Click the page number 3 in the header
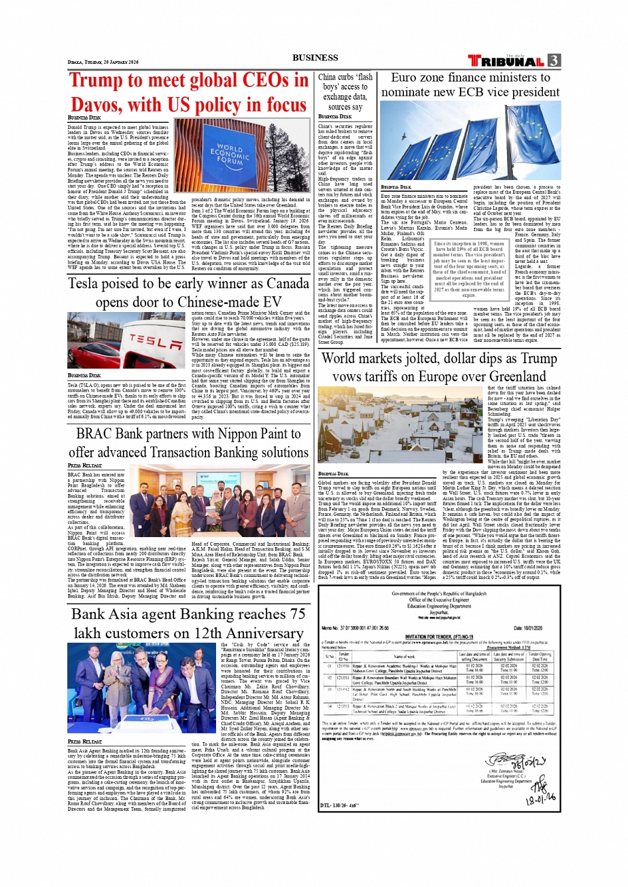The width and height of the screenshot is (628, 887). (x=554, y=60)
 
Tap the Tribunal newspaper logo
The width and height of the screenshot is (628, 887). (x=507, y=61)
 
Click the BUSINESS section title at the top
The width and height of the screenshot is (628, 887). (x=315, y=58)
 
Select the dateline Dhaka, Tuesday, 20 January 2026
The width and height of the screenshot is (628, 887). (x=103, y=62)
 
